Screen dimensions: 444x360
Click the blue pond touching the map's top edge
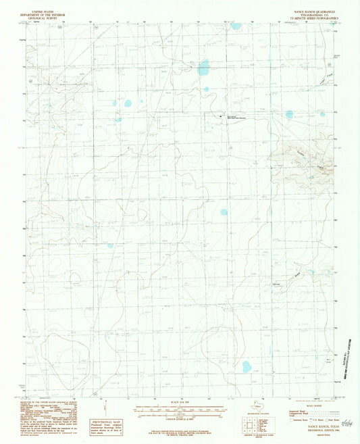236,26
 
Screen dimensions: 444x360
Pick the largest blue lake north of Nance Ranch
203,67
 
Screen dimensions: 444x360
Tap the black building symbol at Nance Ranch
222,116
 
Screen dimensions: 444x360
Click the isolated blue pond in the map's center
224,212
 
